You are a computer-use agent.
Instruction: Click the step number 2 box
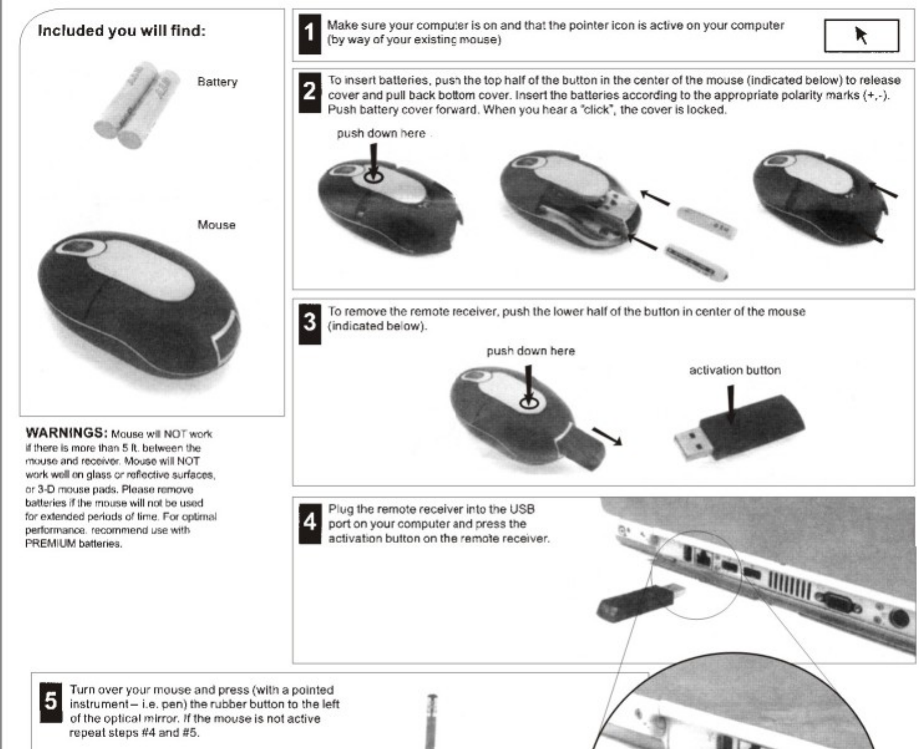[x=309, y=91]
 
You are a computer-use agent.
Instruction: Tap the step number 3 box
[x=309, y=322]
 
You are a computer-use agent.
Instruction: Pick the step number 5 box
[x=50, y=701]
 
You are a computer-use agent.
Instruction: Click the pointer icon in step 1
[x=861, y=35]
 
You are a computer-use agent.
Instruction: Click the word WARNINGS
[x=67, y=433]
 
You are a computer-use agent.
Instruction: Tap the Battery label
[x=217, y=81]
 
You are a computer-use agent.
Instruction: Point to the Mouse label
[x=216, y=225]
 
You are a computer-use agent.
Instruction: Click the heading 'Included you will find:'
[x=121, y=30]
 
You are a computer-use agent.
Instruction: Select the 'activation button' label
[x=735, y=370]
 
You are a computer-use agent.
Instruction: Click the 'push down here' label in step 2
[x=381, y=133]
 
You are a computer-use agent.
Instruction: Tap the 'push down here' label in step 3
[x=530, y=351]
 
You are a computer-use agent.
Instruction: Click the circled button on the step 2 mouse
[x=373, y=177]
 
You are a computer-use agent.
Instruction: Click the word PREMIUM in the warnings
[x=50, y=544]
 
